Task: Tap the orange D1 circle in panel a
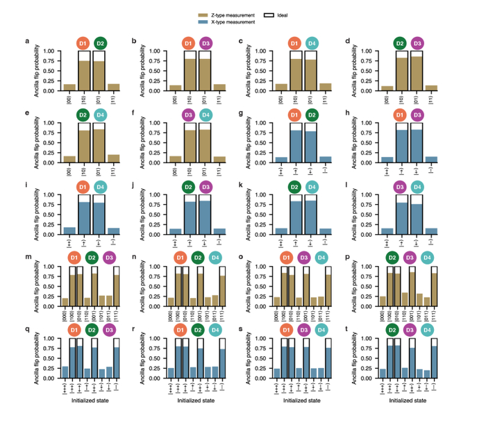(x=82, y=43)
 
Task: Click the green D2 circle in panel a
(x=100, y=43)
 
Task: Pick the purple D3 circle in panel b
(x=206, y=43)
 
